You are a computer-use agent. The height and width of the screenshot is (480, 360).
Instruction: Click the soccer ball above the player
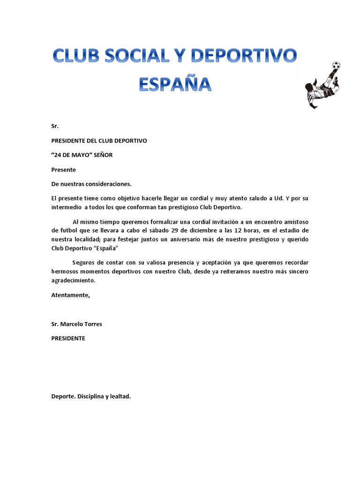(x=335, y=65)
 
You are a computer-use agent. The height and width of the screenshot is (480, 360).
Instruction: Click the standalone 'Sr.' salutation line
(x=55, y=126)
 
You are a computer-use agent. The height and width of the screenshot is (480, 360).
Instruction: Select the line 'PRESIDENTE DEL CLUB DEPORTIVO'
(x=99, y=141)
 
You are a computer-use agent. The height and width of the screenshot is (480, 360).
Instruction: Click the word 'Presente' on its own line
(x=63, y=170)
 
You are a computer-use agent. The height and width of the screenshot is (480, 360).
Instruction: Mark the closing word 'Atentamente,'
(x=70, y=295)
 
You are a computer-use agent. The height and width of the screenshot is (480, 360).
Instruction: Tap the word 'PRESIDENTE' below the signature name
(x=68, y=338)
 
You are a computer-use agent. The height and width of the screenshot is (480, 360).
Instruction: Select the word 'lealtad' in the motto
(x=120, y=397)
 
